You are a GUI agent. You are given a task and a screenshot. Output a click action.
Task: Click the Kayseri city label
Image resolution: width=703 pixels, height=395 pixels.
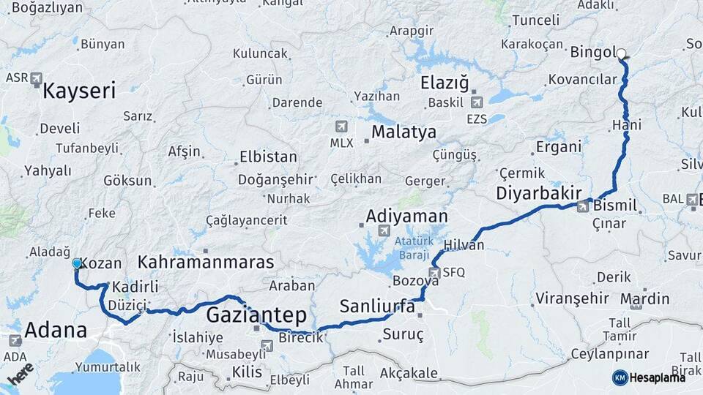tap(79, 91)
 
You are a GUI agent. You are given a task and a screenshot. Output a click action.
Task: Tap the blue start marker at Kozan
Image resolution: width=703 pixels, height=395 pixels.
tap(77, 263)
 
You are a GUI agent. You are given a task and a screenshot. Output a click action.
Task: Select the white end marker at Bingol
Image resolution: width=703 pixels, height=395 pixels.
tap(622, 53)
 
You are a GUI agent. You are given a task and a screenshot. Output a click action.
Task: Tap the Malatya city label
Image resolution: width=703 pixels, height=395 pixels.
tap(403, 132)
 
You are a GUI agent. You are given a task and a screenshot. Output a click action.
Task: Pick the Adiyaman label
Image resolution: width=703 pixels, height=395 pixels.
tap(406, 216)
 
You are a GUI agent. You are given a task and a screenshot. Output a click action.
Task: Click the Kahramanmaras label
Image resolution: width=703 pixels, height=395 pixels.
tap(206, 262)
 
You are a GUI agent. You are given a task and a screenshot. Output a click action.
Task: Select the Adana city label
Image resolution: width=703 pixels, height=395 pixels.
tap(56, 330)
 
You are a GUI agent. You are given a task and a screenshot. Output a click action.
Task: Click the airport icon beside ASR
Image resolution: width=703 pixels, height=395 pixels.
tap(37, 78)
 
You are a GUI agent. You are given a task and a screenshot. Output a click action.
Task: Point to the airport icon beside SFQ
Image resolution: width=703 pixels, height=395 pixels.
tap(434, 272)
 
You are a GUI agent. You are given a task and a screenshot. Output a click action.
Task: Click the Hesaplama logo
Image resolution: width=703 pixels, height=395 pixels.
tap(649, 377)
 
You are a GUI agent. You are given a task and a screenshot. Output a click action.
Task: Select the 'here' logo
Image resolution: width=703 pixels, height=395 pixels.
tap(21, 373)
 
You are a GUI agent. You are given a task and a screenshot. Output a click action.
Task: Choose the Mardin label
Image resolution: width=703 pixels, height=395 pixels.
tap(644, 298)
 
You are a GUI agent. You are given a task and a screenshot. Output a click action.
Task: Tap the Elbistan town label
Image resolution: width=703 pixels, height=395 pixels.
tap(268, 157)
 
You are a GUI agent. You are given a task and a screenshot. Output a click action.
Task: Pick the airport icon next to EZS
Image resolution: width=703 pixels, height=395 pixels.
tap(477, 102)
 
